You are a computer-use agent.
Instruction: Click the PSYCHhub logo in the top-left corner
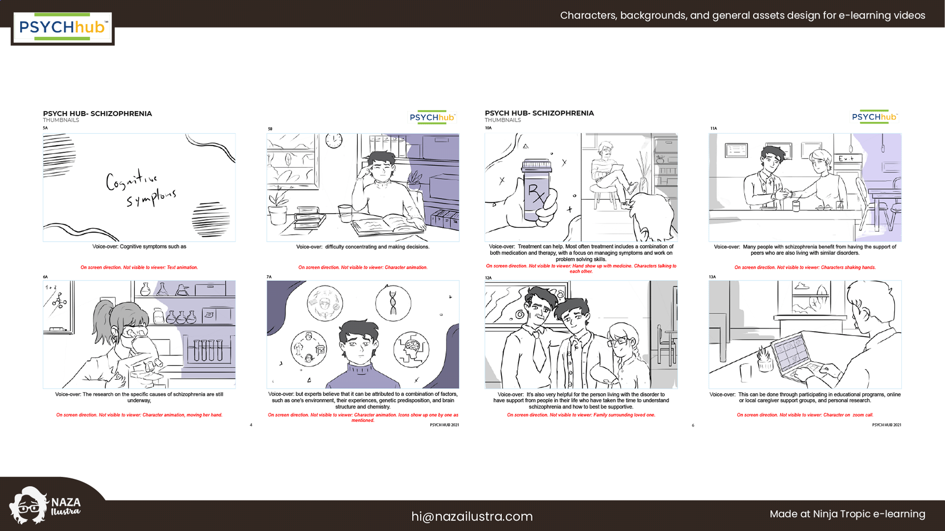63,28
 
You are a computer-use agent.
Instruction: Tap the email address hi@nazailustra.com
472,516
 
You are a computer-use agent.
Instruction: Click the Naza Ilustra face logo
28,505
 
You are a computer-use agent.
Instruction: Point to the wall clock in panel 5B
334,140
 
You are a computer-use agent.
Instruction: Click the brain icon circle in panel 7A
411,349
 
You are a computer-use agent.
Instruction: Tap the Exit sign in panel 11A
847,158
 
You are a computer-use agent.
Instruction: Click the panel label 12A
488,278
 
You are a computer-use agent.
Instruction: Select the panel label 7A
269,277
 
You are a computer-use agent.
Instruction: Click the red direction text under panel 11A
805,268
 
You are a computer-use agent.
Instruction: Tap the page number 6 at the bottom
693,425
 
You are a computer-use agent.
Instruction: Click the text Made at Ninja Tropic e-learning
847,514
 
